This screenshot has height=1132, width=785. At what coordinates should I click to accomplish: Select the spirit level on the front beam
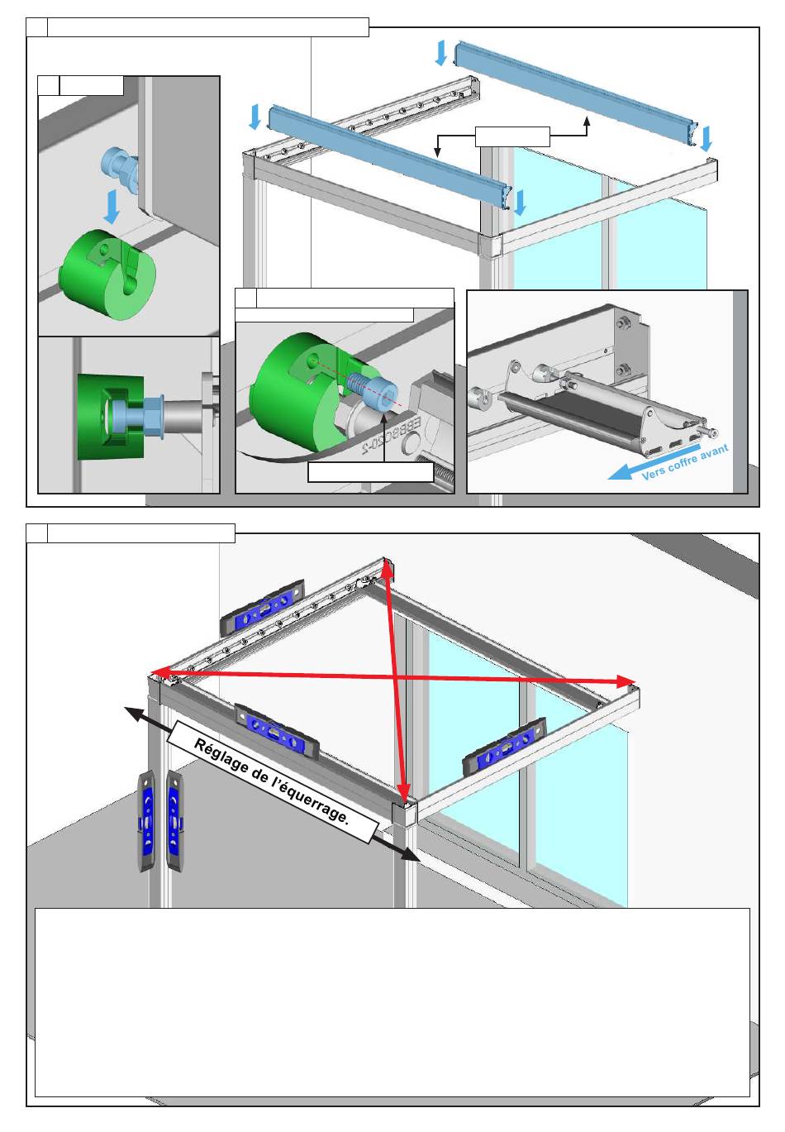277,728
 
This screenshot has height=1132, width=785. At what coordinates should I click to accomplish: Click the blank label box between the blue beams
512,136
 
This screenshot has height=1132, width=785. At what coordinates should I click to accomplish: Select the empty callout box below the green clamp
370,472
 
